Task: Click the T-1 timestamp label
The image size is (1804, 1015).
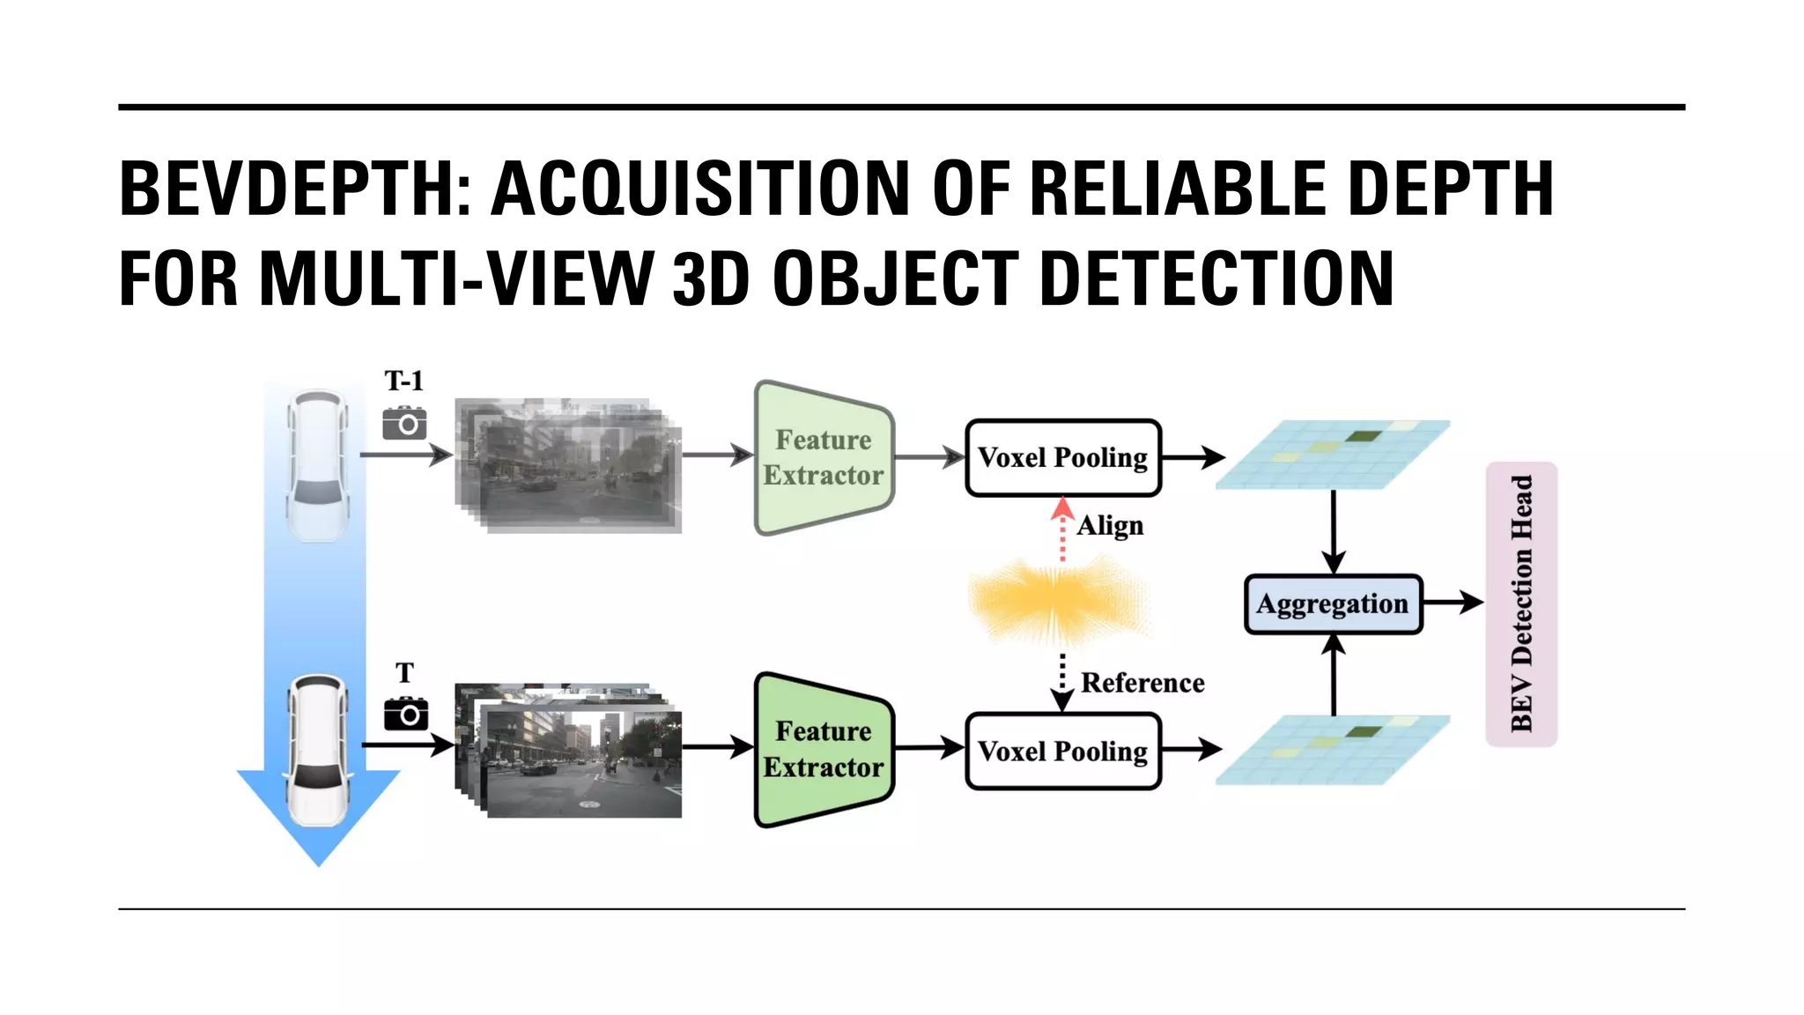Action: tap(403, 381)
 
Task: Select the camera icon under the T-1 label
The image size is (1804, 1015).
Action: tap(404, 424)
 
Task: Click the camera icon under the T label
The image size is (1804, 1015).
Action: tap(405, 714)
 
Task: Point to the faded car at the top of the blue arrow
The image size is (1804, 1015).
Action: tap(317, 465)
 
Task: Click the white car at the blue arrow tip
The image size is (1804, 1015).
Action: tap(318, 750)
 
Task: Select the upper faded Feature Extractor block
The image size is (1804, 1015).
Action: tap(824, 457)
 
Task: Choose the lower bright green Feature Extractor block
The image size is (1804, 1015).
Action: tap(824, 750)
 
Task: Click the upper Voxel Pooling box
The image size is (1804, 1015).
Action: tap(1063, 458)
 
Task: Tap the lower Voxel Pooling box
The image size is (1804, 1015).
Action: tap(1063, 752)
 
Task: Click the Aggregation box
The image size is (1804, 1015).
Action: tap(1333, 604)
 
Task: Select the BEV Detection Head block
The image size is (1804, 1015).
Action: tap(1521, 604)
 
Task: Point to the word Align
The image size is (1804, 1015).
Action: tap(1110, 526)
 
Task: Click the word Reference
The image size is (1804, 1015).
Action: tap(1142, 683)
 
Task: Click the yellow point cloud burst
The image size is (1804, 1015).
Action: tap(1057, 604)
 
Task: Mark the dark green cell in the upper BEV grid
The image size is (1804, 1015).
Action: tap(1363, 436)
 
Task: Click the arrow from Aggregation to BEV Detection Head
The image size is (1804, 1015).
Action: tap(1453, 603)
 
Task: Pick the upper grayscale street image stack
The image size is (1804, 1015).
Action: tap(568, 465)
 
